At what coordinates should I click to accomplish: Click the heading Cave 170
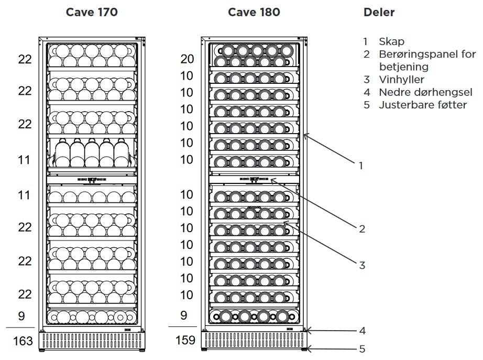point(92,13)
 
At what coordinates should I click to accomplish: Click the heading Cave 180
point(254,13)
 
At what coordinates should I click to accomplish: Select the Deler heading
point(379,13)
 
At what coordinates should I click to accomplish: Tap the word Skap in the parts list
point(391,41)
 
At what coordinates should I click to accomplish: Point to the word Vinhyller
point(401,80)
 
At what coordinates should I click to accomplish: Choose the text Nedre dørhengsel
point(425,92)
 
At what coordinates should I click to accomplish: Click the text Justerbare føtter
point(423,105)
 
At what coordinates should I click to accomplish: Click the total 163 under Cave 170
point(23,341)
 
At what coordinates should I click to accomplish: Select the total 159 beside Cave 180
point(185,340)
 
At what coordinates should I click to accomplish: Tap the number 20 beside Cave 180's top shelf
point(187,59)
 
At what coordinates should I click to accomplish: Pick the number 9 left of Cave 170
point(21,316)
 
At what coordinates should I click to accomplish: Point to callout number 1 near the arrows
point(361,166)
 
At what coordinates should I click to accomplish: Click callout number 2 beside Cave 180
point(362,228)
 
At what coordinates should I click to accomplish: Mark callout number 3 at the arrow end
point(362,265)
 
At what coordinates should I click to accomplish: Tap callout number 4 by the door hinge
point(363,331)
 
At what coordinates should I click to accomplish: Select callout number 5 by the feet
point(363,349)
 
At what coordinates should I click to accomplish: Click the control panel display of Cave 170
point(92,179)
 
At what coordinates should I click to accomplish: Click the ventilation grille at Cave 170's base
point(92,341)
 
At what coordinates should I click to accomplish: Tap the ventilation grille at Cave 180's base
point(254,340)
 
